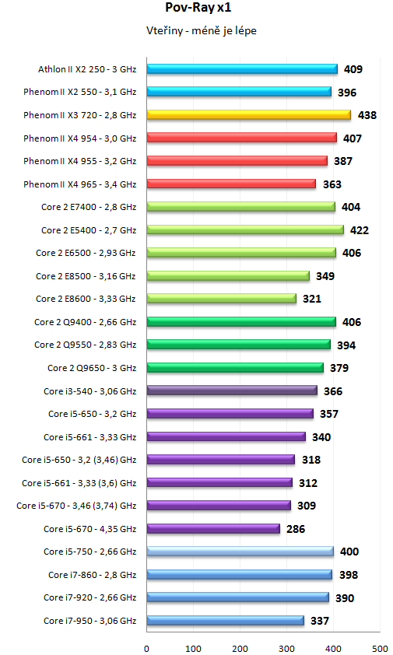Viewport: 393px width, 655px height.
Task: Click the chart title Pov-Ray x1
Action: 198,9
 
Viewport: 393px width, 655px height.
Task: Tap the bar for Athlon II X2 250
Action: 241,69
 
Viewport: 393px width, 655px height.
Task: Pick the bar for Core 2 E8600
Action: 221,299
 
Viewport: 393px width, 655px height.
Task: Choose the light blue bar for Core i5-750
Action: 240,552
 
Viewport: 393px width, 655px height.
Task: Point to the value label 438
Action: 367,115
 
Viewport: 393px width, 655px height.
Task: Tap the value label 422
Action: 360,230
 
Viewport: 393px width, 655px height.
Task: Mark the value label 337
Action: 320,621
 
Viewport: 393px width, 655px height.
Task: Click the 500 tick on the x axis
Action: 380,647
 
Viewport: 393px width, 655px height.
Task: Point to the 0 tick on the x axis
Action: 146,647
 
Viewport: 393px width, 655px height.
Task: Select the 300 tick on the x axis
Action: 286,647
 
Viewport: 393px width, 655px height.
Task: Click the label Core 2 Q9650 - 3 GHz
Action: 91,368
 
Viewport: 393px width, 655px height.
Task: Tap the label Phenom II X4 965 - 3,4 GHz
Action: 79,184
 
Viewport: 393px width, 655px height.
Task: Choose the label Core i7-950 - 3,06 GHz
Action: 89,621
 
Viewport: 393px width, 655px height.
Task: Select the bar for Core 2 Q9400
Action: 241,322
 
